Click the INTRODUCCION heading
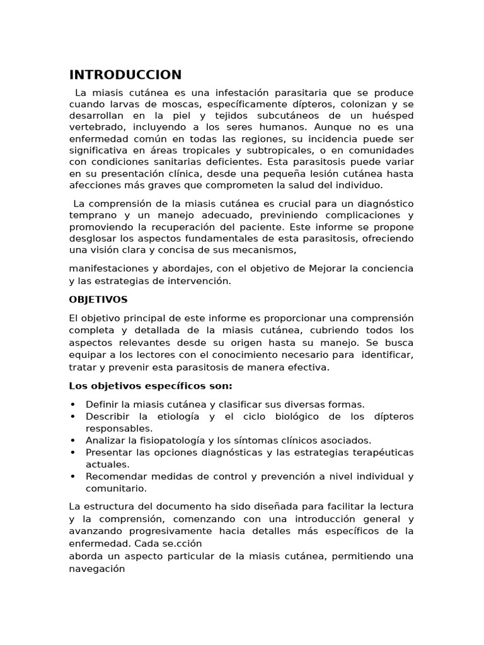[x=125, y=76]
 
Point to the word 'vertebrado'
[x=98, y=127]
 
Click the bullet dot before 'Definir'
[x=73, y=405]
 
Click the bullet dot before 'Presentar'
[x=73, y=452]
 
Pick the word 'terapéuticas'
[x=377, y=452]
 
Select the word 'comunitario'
[x=116, y=488]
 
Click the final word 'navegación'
[x=97, y=568]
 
